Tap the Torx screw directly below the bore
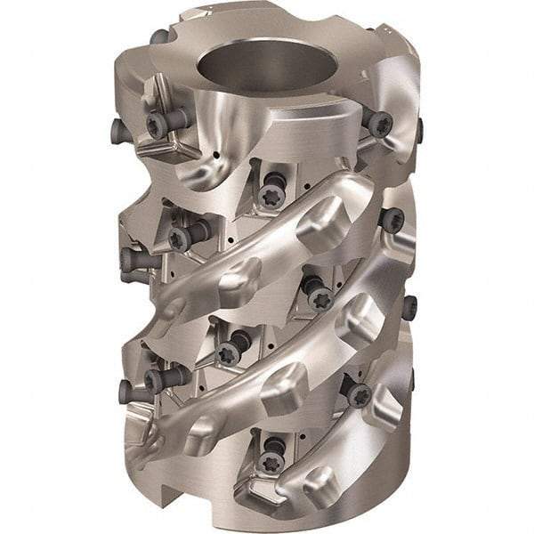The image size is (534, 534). (x=272, y=192)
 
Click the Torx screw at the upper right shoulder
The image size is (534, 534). (x=379, y=123)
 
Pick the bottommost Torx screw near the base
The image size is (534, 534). (x=268, y=459)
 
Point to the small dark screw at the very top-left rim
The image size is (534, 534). (x=158, y=36)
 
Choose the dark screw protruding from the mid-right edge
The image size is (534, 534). (x=409, y=308)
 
